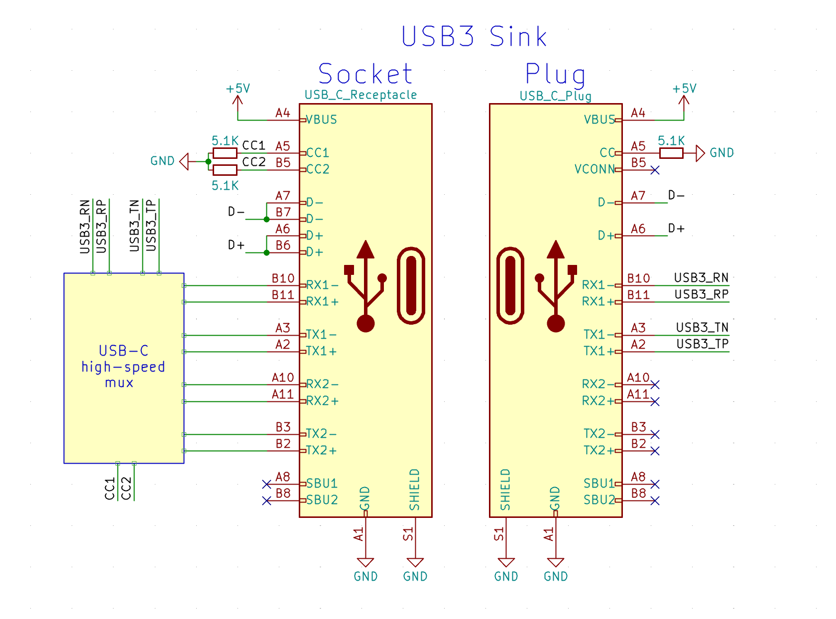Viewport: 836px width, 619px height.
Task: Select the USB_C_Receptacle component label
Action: (x=360, y=95)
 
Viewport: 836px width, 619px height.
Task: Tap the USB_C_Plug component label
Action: (x=555, y=96)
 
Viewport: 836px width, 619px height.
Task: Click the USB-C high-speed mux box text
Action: (x=123, y=367)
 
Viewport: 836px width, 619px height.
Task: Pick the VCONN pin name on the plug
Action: (x=595, y=169)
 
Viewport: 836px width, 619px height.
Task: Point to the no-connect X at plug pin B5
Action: (x=655, y=170)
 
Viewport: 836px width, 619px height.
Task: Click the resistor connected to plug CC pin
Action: (x=671, y=153)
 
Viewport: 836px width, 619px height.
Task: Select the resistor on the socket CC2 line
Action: (x=225, y=170)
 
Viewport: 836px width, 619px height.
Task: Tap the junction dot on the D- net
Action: (x=266, y=219)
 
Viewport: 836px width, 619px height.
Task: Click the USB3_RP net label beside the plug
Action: (x=701, y=294)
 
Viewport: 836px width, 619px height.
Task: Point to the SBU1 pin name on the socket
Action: (x=322, y=484)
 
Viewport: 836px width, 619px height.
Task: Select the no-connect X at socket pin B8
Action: (x=266, y=500)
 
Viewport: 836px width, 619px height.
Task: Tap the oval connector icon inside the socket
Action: (x=411, y=285)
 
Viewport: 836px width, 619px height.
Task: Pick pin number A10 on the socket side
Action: (x=282, y=377)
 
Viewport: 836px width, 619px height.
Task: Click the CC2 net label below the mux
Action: (x=126, y=488)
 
